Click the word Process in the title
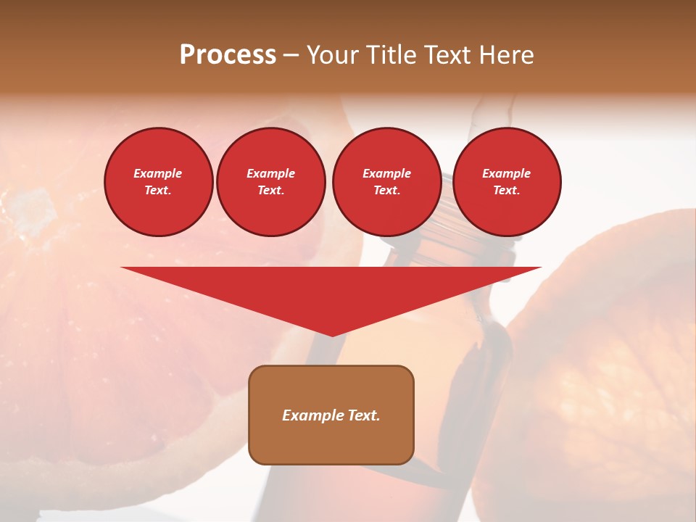[228, 55]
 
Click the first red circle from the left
[159, 182]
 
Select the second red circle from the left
[271, 182]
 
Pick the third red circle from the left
[387, 182]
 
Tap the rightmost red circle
[507, 182]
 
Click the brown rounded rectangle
[331, 415]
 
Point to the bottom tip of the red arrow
[332, 335]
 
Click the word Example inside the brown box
[311, 415]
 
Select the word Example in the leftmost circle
[158, 173]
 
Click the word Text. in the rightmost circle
[507, 191]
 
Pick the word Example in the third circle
[387, 173]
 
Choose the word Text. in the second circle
[271, 191]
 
